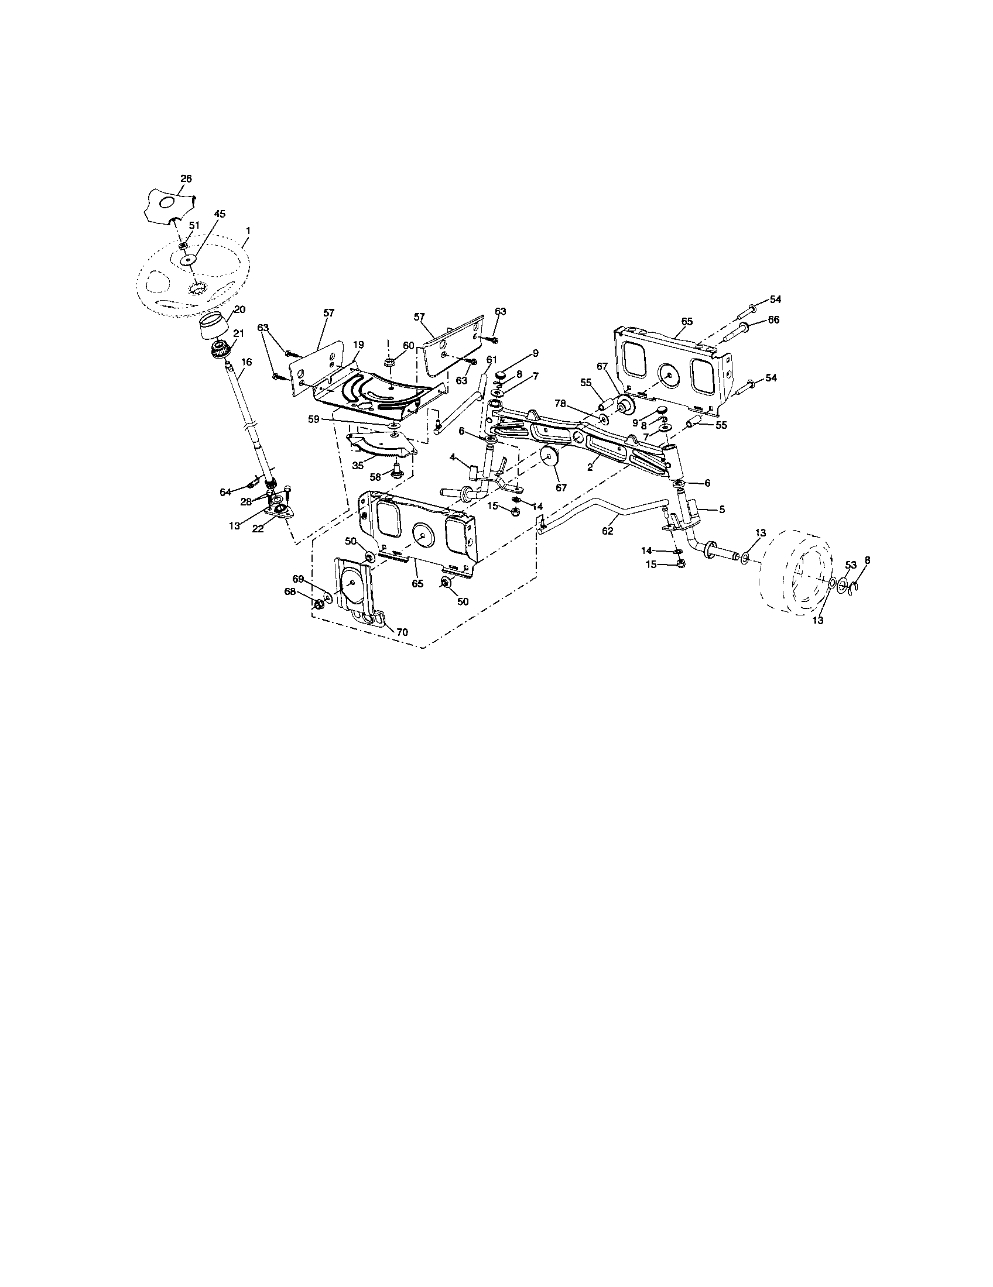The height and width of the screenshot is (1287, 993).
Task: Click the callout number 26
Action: pos(186,178)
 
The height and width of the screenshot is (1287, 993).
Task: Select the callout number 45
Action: pos(220,215)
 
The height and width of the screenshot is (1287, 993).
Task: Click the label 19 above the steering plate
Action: pos(358,345)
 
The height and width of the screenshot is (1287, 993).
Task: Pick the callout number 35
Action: pos(358,465)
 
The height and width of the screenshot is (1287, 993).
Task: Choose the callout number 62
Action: pos(607,531)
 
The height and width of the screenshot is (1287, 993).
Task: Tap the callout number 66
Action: pos(773,319)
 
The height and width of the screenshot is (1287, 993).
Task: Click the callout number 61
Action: pos(492,359)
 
